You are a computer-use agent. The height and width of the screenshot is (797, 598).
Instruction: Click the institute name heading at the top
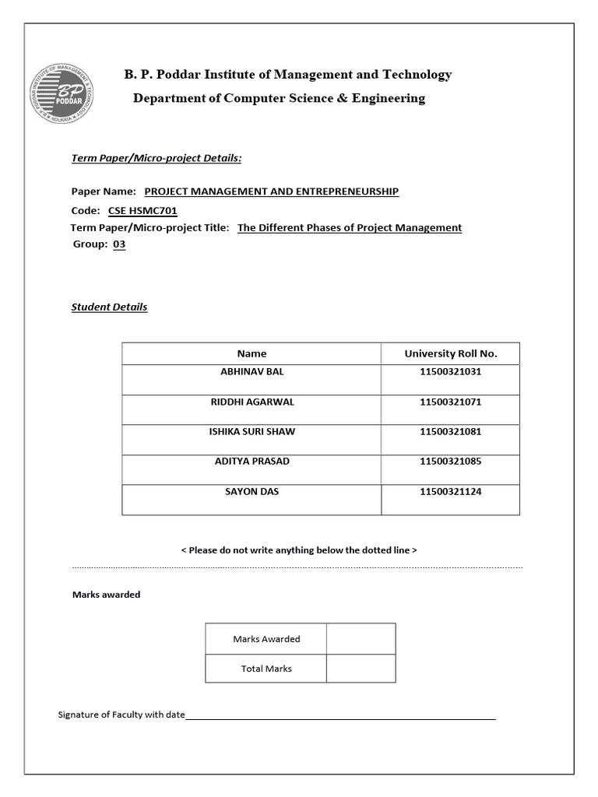287,75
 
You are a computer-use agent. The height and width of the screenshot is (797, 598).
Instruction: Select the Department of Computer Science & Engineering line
279,98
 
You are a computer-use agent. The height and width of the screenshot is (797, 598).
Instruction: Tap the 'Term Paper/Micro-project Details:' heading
157,158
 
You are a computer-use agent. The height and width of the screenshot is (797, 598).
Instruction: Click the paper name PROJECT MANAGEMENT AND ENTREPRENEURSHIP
272,191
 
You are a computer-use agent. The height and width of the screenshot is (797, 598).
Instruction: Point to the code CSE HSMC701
148,210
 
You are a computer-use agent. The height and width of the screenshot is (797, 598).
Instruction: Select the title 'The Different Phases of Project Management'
350,227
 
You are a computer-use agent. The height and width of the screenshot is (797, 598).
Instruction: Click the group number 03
119,244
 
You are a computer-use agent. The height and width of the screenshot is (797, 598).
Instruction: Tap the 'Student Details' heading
109,307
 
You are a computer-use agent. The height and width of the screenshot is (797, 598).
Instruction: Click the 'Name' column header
252,353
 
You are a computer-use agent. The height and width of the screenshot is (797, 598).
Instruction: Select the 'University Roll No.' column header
450,353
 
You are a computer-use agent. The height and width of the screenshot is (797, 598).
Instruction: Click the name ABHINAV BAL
252,372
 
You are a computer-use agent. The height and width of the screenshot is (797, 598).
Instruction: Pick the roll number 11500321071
450,402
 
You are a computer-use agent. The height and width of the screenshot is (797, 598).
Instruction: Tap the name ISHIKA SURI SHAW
252,431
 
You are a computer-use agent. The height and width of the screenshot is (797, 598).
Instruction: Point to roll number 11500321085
450,461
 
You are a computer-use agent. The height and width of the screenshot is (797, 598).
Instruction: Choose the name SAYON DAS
252,491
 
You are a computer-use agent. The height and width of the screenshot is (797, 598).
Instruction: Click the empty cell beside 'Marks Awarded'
361,639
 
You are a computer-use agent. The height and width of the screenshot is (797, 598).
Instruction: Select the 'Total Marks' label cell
266,669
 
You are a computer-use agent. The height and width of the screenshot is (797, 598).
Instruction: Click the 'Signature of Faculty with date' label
121,714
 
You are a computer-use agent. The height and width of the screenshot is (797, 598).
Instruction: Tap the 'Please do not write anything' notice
299,549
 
